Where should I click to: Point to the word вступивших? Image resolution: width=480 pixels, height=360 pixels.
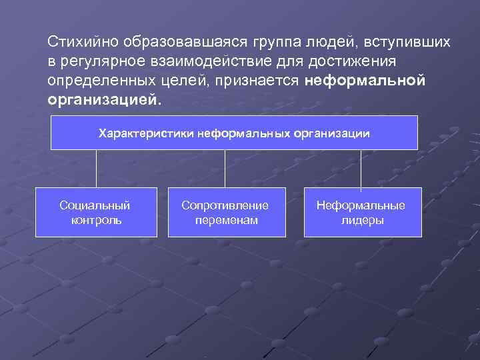coord(408,42)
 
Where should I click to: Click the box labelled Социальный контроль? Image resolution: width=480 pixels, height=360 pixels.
coord(96,212)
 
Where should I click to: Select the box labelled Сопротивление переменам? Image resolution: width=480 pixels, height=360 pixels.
coord(225,212)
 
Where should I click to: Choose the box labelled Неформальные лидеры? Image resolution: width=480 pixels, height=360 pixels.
coord(363,212)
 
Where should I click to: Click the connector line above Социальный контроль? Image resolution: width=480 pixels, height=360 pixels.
coord(97,168)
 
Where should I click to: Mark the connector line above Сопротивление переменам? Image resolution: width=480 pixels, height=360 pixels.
coord(225,168)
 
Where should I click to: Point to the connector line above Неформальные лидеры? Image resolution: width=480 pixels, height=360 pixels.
coord(361,168)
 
